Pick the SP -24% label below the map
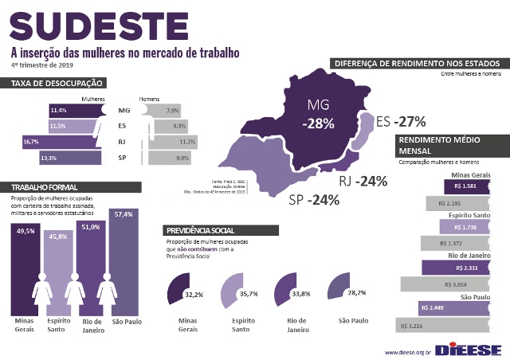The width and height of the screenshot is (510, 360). coord(314,199)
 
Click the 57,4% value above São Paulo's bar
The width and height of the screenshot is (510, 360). coord(123,214)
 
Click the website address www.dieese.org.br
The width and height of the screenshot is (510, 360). coord(407,351)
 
